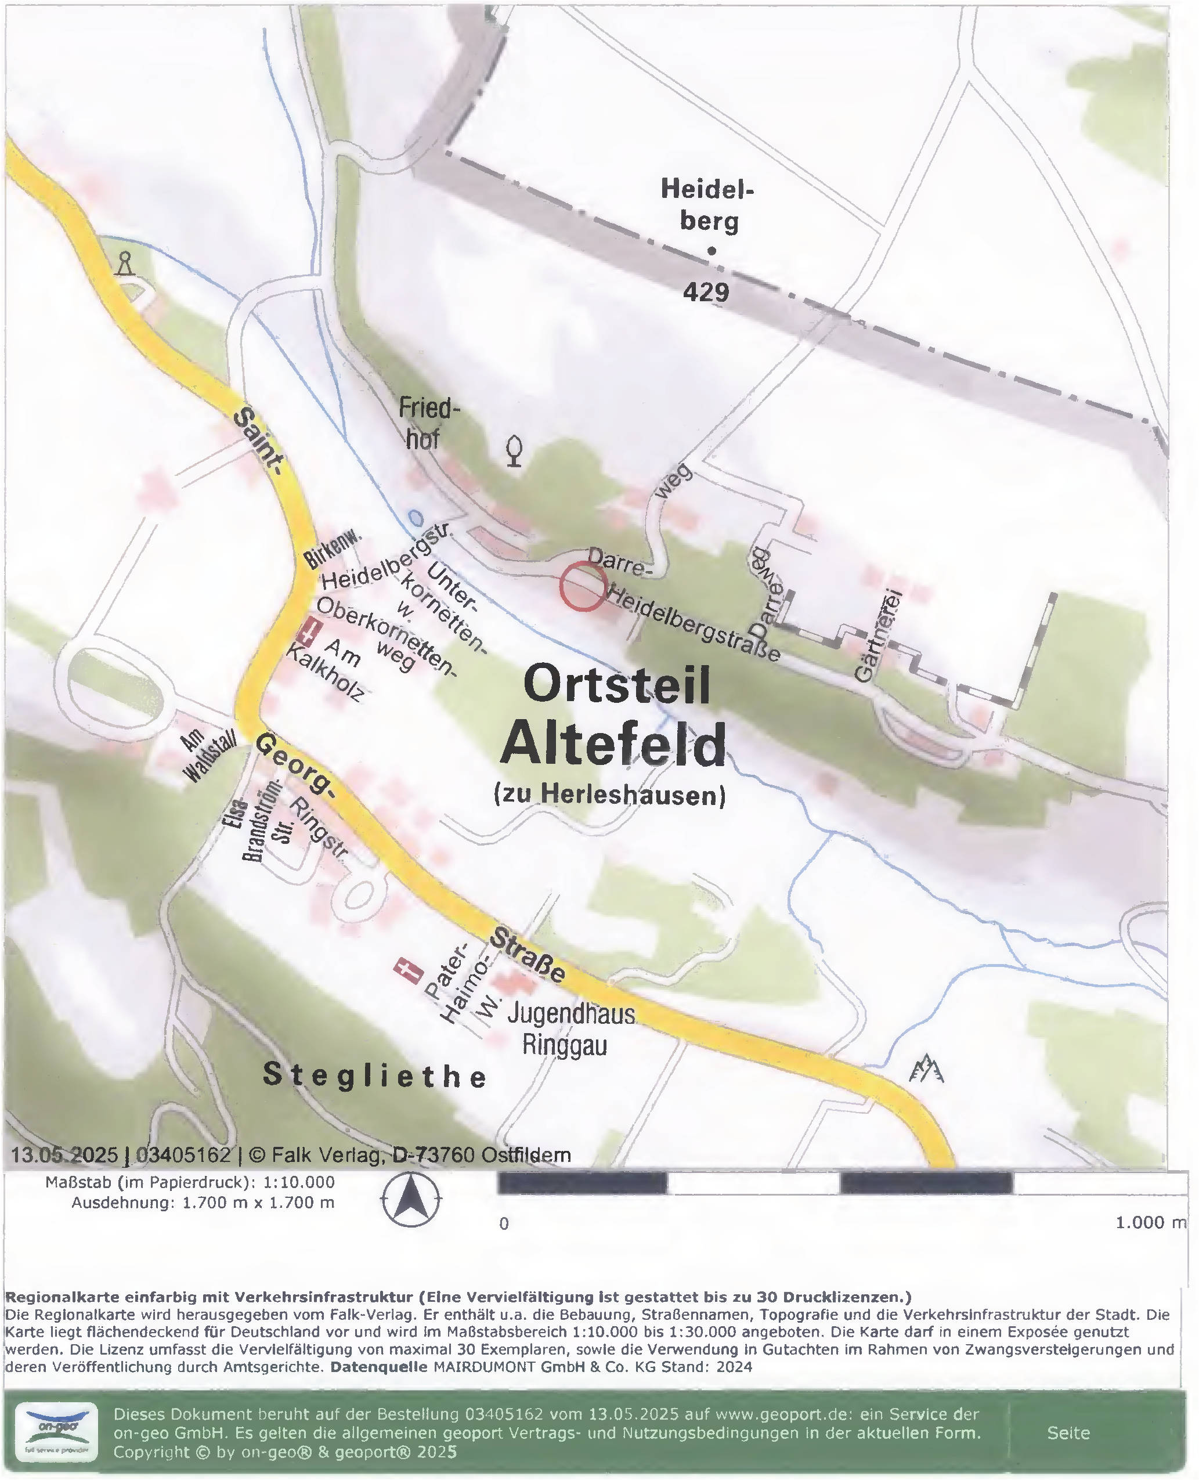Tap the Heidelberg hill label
coord(707,204)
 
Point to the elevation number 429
coord(706,292)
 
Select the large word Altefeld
coord(613,745)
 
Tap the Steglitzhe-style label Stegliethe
coord(375,1075)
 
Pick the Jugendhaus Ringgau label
coord(570,1029)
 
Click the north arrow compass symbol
coord(411,1200)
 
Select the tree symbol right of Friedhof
coord(513,451)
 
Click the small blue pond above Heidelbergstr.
coord(414,517)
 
